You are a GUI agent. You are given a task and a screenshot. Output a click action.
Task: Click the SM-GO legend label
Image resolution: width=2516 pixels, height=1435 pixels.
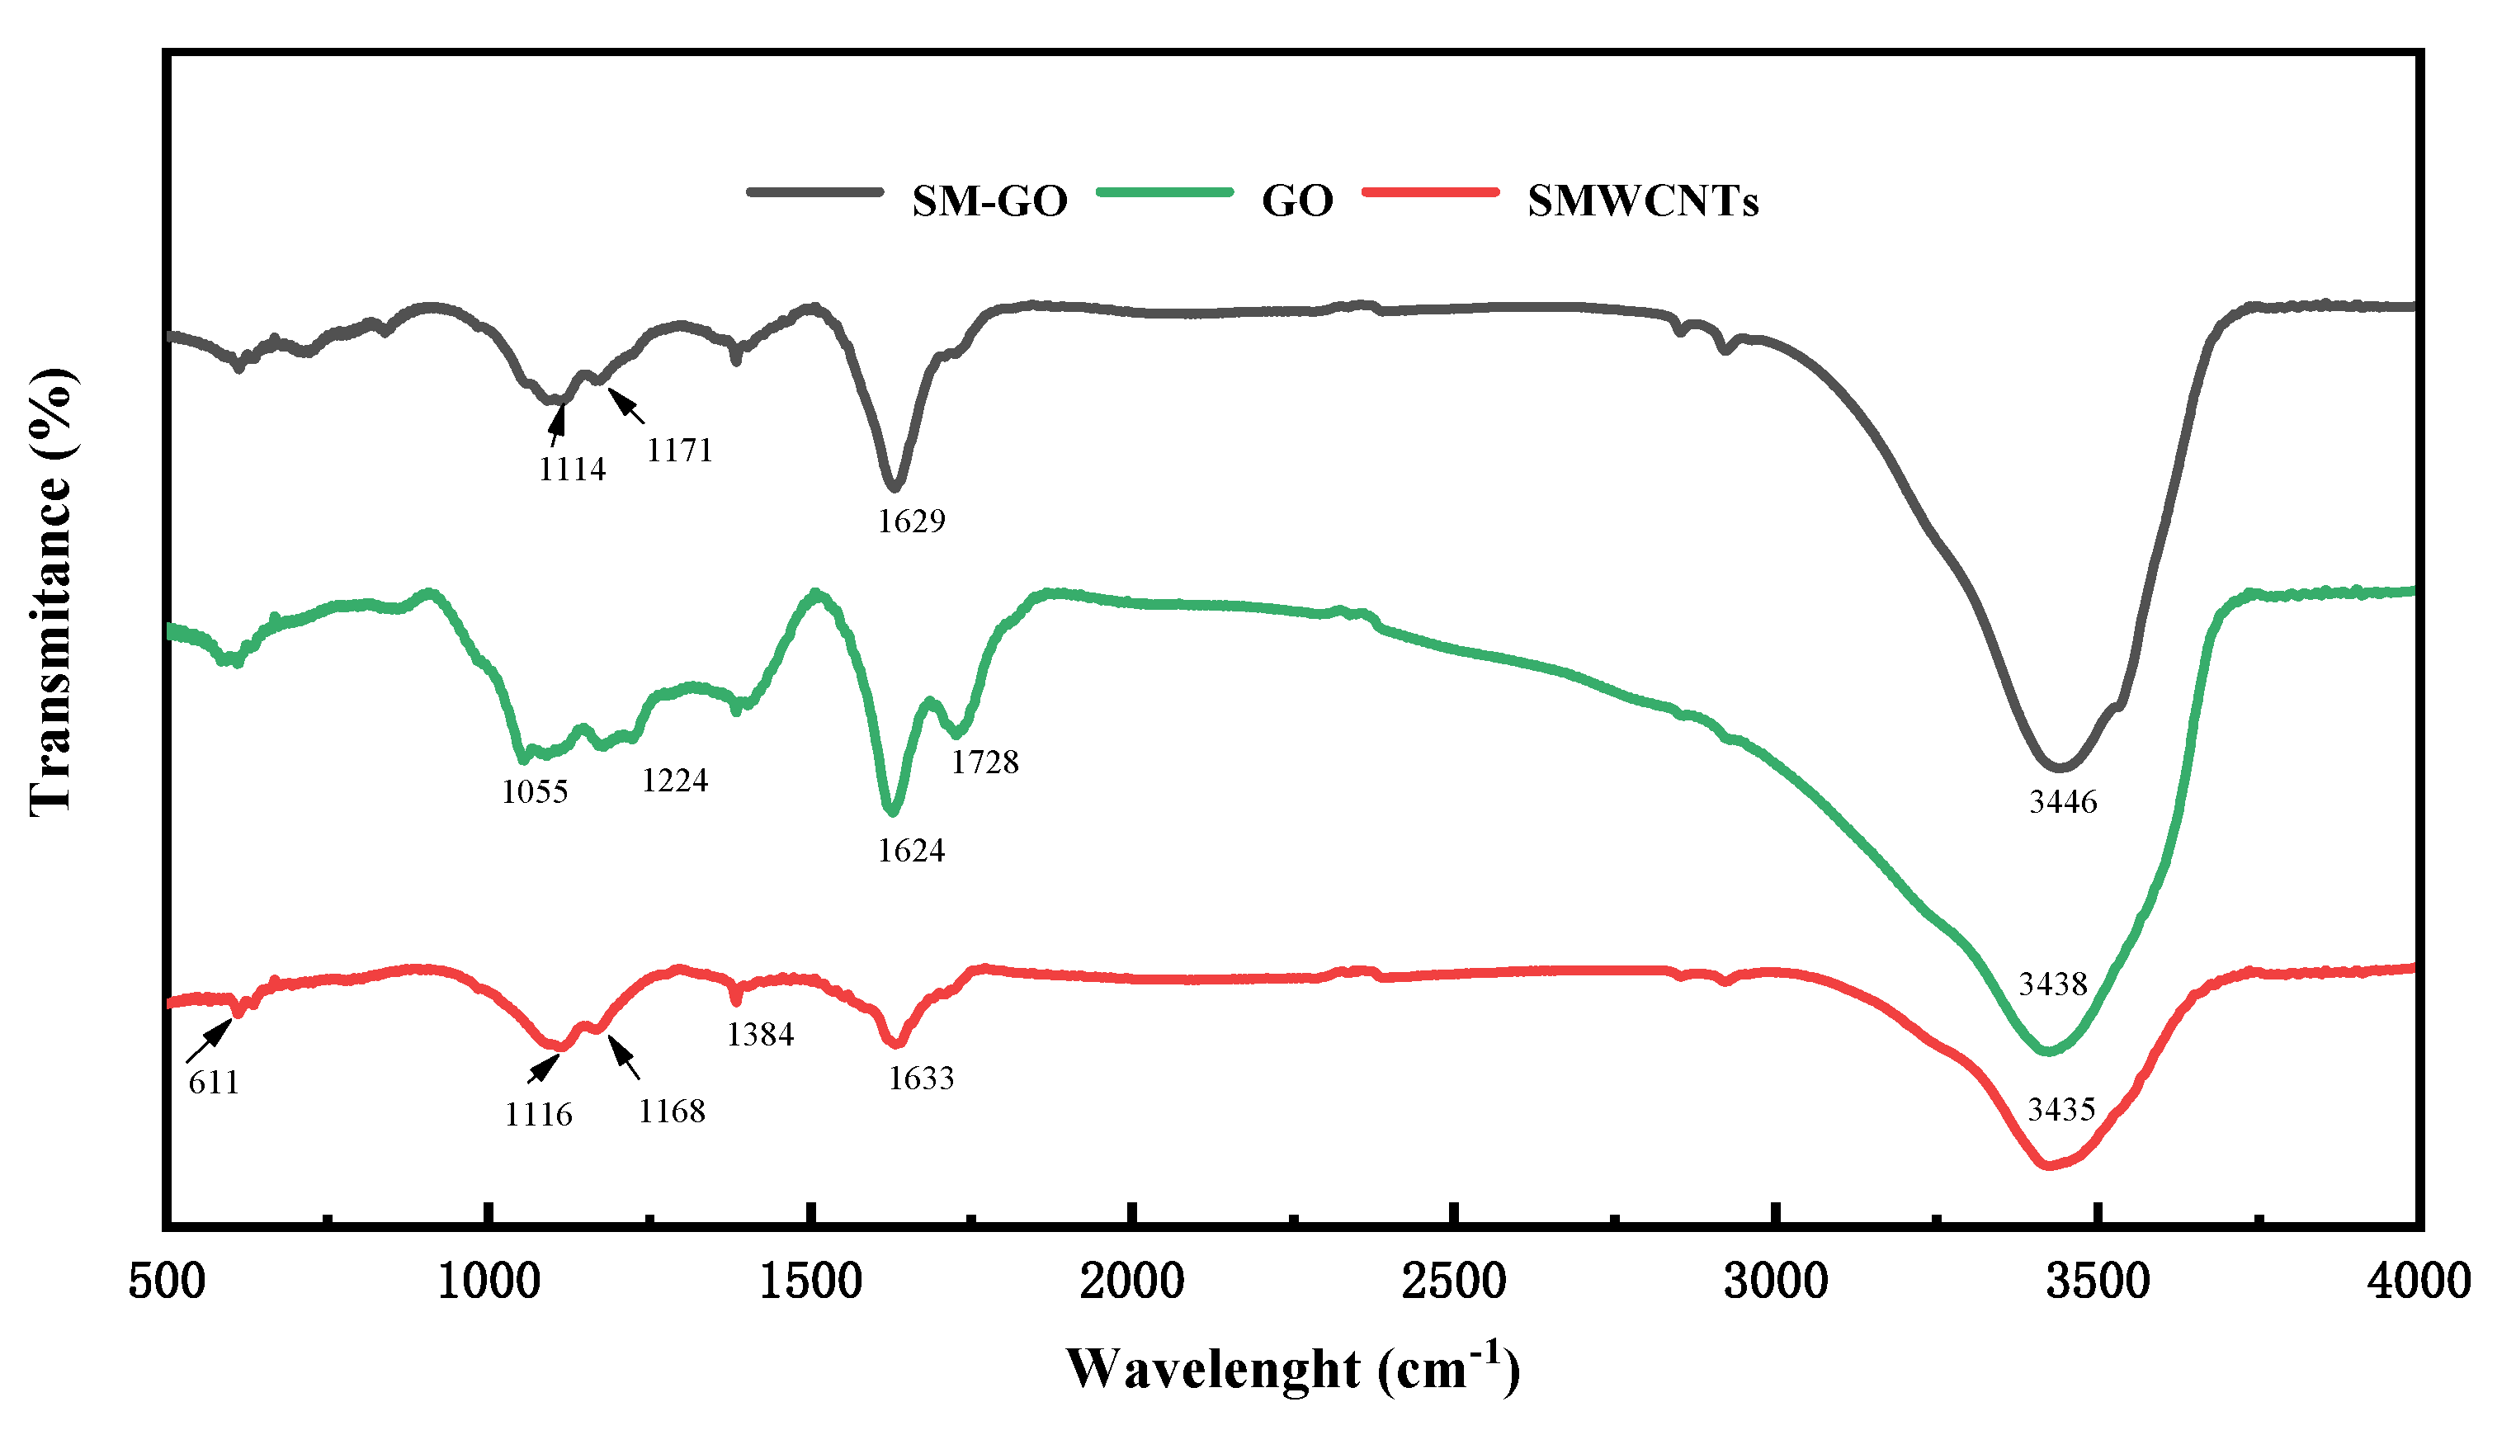click(989, 201)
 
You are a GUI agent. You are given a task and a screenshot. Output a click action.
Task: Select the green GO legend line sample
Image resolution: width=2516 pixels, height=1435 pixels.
click(1164, 192)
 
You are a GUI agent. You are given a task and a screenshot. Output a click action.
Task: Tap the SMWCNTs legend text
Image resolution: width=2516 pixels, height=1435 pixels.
click(1642, 201)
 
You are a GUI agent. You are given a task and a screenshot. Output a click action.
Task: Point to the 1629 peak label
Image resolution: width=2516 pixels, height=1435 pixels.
click(911, 521)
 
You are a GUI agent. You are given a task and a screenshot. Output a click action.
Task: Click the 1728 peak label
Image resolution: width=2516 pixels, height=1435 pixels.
click(984, 761)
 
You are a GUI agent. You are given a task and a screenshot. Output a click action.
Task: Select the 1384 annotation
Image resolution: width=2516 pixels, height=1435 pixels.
click(759, 1034)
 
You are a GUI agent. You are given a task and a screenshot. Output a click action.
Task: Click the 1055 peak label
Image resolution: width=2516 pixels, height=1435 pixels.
click(534, 791)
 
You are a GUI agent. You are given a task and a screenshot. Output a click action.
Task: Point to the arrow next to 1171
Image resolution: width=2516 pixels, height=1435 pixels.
click(625, 405)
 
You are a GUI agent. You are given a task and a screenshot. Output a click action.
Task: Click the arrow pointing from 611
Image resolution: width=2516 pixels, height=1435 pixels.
click(209, 1041)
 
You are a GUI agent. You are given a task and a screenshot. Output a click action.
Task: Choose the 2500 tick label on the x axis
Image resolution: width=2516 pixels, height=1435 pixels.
click(1454, 1282)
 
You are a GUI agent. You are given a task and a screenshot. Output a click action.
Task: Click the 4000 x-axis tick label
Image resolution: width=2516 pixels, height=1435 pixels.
click(2418, 1282)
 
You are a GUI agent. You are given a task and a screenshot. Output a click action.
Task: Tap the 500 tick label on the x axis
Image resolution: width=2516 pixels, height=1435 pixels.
click(167, 1282)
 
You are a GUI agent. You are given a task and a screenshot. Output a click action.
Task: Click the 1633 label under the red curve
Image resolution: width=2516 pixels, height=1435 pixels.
click(920, 1079)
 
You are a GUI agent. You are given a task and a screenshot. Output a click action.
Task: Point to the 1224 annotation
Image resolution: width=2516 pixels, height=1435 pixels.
click(674, 781)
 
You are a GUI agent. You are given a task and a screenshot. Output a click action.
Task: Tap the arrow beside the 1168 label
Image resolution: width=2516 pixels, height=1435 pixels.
click(624, 1056)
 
